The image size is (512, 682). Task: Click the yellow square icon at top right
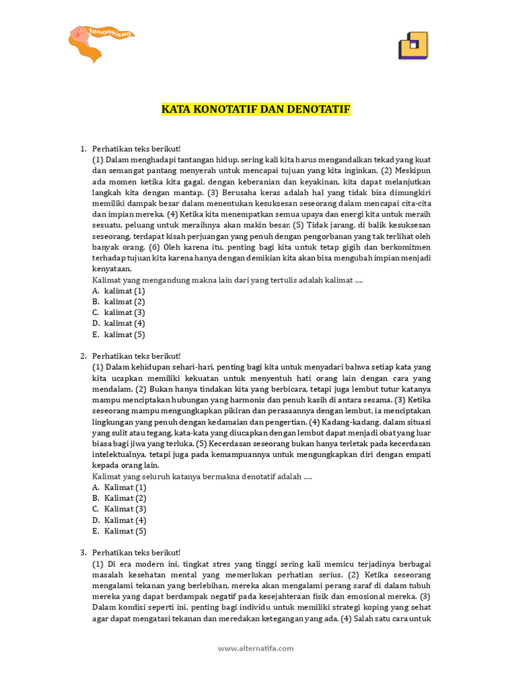tap(413, 45)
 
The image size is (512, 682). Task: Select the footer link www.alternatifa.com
tap(256, 648)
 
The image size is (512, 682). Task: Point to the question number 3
tap(83, 553)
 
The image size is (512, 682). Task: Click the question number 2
tap(83, 356)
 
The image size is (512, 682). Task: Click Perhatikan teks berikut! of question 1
tap(136, 149)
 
